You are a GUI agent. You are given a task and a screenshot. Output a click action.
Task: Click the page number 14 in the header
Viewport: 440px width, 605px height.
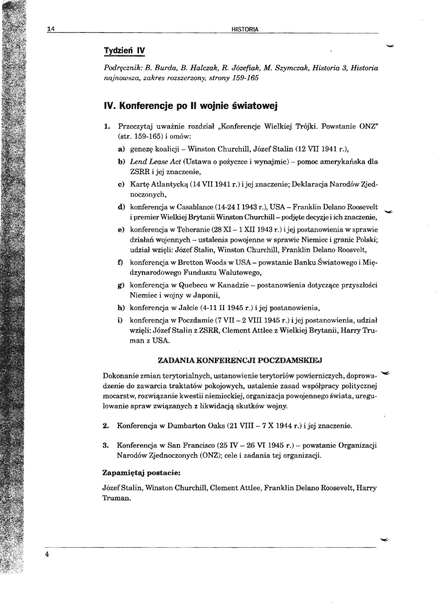(51, 29)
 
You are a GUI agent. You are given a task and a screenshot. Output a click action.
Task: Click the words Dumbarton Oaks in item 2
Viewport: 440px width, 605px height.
(197, 425)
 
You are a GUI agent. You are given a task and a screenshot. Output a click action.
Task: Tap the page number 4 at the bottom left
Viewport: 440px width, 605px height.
(48, 555)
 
